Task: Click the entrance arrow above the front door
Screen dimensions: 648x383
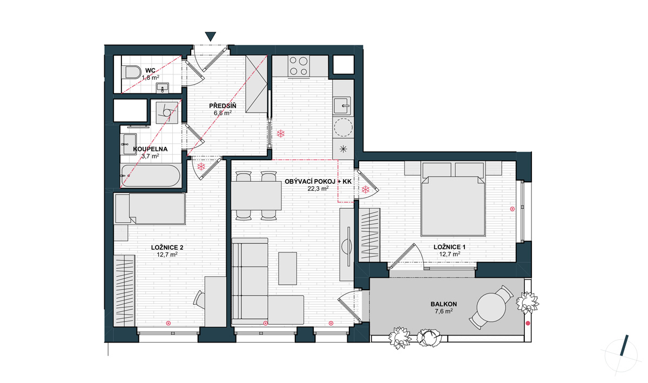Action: (x=210, y=36)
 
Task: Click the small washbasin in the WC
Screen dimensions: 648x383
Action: (x=163, y=87)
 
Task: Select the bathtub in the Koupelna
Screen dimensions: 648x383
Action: (x=150, y=175)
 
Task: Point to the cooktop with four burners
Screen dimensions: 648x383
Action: (x=299, y=66)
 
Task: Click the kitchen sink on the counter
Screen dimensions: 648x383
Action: (x=343, y=106)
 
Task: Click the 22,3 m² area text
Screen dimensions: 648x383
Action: (x=318, y=189)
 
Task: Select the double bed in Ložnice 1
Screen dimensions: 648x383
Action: (x=453, y=199)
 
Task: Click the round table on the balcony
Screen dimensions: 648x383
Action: (x=491, y=307)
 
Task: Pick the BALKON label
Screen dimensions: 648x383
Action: (x=444, y=304)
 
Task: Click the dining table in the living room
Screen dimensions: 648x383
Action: (x=256, y=196)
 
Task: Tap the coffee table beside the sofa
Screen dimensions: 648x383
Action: (x=287, y=268)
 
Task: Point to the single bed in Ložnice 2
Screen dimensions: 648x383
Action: (x=150, y=209)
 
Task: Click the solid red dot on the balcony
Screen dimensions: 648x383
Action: (x=528, y=323)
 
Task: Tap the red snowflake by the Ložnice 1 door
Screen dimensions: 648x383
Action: (x=366, y=190)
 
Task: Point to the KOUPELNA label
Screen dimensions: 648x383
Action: (x=150, y=149)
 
